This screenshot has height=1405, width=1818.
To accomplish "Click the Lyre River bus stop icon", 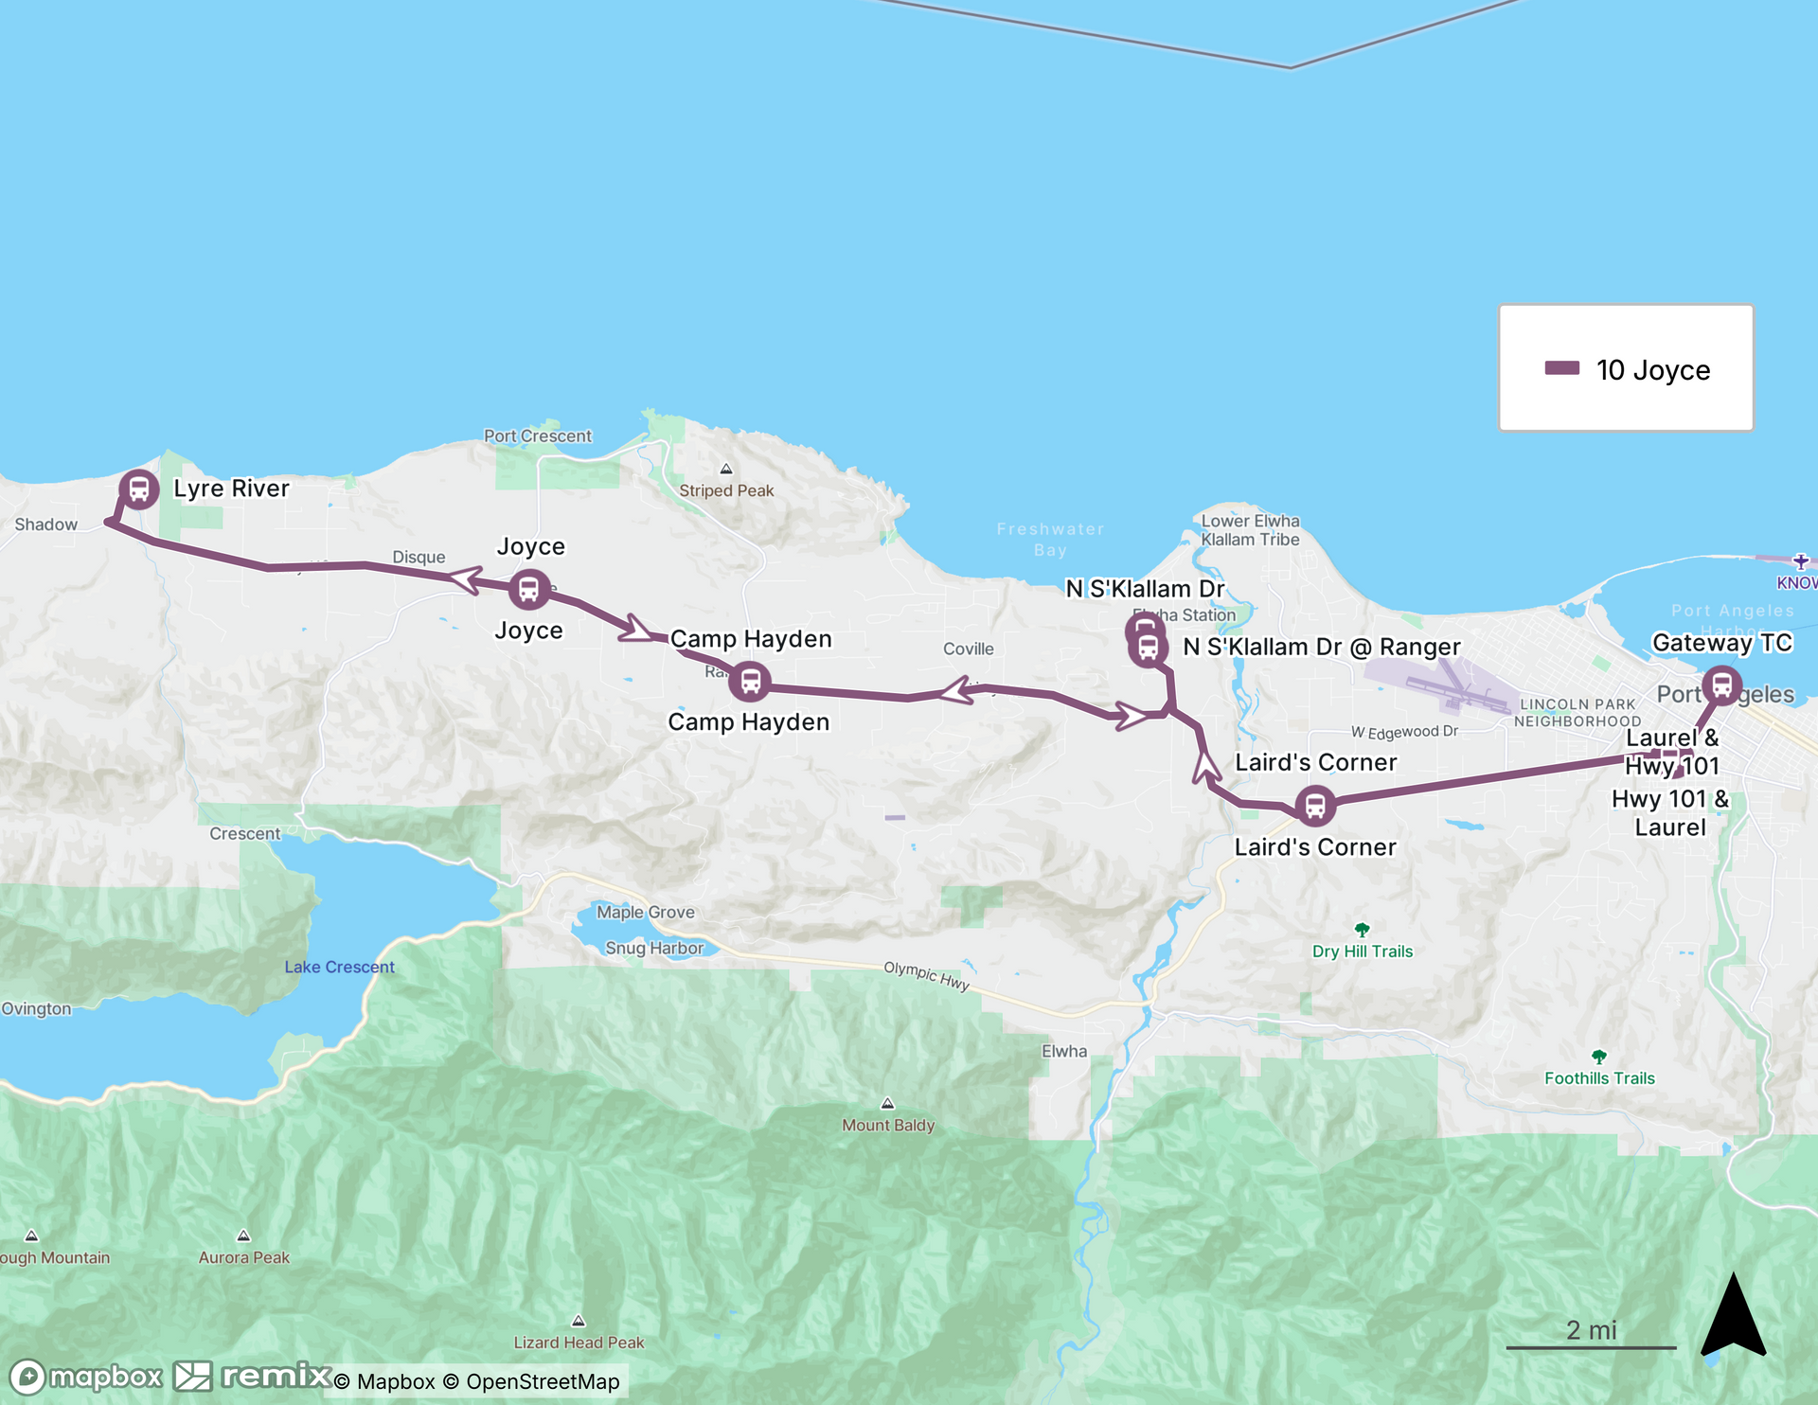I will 139,489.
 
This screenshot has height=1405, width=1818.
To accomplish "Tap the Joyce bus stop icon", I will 529,590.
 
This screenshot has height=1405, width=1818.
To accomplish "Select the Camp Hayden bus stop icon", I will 750,682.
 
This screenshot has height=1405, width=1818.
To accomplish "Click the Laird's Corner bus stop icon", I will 1315,807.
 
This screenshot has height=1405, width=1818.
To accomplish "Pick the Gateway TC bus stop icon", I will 1721,685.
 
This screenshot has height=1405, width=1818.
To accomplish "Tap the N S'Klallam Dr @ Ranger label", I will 1321,647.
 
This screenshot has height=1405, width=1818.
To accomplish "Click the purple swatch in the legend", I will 1561,368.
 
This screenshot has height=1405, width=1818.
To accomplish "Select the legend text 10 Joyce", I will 1653,370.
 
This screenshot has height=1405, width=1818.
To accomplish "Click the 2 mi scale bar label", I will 1591,1330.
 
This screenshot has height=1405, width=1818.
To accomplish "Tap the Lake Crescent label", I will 339,967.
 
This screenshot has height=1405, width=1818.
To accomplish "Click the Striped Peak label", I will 726,490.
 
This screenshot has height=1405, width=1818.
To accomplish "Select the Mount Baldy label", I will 888,1125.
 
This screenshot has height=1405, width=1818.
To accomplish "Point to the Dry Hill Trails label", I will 1362,951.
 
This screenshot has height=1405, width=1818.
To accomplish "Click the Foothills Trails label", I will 1599,1078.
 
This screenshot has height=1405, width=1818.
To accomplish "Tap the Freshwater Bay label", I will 1050,540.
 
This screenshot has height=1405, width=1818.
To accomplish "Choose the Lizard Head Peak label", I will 579,1343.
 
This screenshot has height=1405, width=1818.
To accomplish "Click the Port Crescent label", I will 537,436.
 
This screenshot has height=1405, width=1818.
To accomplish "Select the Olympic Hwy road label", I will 926,975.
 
